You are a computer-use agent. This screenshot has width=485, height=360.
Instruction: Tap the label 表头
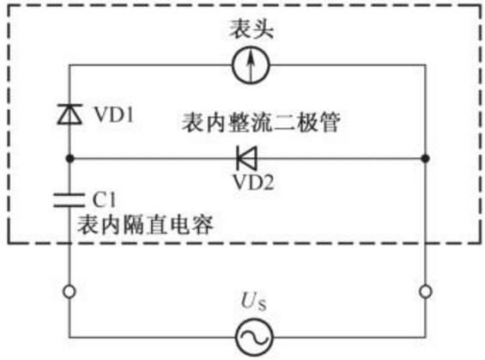252,29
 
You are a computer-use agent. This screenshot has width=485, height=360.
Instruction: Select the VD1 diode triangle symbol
70,114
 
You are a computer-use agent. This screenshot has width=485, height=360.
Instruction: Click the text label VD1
114,115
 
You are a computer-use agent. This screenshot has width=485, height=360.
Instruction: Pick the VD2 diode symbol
247,158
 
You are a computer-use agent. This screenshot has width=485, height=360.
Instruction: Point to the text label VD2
253,182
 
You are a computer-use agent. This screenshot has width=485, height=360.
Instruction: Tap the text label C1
104,199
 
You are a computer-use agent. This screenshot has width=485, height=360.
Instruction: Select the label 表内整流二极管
261,123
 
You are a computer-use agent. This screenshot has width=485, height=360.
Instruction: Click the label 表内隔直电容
145,224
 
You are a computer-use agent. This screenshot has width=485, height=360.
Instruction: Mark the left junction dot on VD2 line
70,158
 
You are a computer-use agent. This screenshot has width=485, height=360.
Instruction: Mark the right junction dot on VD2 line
426,158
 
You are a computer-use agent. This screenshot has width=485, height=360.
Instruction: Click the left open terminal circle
70,291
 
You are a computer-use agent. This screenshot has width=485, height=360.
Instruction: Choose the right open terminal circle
426,291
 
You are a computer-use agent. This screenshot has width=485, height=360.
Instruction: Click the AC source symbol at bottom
254,338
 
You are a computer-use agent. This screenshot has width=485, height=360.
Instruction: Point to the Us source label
253,302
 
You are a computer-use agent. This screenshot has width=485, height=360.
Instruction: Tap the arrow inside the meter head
251,65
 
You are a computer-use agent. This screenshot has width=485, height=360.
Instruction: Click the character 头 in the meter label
263,29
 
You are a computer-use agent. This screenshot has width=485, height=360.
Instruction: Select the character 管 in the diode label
330,123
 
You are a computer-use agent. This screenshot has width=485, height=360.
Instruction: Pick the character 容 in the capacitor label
203,224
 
